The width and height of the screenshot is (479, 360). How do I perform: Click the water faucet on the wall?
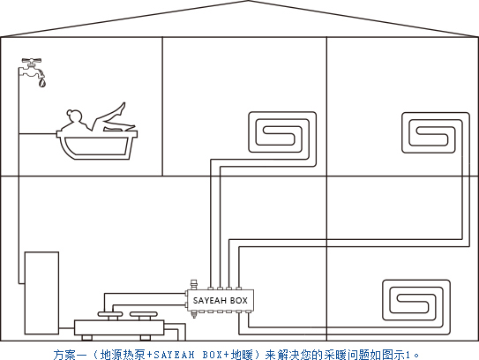point(33,68)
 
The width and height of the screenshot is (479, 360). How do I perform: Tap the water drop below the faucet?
point(42,83)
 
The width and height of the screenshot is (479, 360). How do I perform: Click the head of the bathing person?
point(74,116)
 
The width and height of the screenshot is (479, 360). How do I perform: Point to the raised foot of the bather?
point(123,108)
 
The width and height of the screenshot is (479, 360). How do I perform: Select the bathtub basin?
point(97,147)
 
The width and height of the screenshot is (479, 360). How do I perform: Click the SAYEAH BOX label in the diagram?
point(221,301)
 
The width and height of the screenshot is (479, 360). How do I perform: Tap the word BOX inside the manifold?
point(238,301)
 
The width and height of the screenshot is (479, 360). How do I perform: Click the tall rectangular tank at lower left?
point(41,293)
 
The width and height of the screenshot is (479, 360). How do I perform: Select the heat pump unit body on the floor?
point(119,327)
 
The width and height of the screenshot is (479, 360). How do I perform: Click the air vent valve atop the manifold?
point(194,284)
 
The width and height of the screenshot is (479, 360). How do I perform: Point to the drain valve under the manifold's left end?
point(194,314)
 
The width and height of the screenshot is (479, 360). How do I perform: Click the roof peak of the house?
point(249,1)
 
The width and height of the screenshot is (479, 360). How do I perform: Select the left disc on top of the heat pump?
point(110,314)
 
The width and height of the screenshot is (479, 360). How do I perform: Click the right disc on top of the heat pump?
point(144,314)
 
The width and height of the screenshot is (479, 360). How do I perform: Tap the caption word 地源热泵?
point(123,355)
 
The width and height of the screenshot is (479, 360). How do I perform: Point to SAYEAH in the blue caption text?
point(174,355)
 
